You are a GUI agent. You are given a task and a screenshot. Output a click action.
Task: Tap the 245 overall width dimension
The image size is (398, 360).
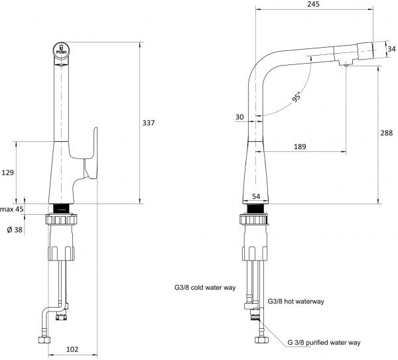click(314, 5)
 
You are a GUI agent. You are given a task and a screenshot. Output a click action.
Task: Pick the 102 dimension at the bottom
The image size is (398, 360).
click(74, 349)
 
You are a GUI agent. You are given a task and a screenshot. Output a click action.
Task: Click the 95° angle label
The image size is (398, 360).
click(295, 98)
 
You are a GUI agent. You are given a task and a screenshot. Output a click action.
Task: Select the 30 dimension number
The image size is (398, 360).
click(239, 117)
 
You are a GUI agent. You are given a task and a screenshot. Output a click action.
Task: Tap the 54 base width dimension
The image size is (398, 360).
click(255, 197)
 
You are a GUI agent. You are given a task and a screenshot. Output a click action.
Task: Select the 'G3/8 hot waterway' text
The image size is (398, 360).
click(295, 302)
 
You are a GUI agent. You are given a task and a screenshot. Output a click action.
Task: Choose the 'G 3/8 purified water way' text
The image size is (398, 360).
click(324, 342)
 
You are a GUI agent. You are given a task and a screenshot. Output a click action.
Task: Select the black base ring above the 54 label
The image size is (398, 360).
click(255, 208)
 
